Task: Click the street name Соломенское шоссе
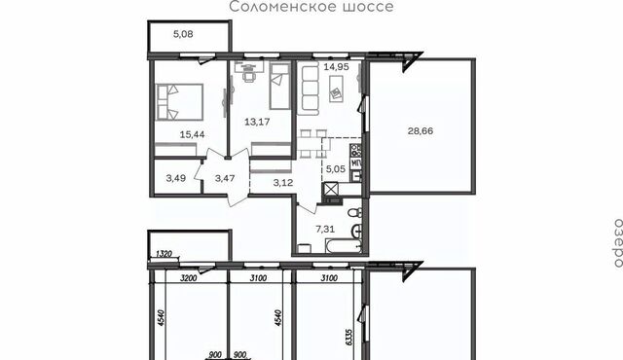click(x=311, y=7)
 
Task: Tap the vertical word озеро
click(x=618, y=242)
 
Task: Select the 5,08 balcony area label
click(x=183, y=34)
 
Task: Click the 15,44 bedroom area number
click(x=193, y=134)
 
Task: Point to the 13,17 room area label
click(x=257, y=122)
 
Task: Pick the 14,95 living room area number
click(x=336, y=67)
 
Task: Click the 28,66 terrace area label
click(x=421, y=130)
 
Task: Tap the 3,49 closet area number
click(x=175, y=178)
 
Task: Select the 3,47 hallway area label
click(x=225, y=178)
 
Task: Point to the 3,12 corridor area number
click(x=283, y=183)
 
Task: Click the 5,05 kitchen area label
click(x=336, y=169)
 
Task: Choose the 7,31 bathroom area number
click(x=325, y=229)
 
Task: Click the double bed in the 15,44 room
click(x=180, y=101)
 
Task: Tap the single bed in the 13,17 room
click(x=279, y=86)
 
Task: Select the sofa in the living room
click(x=309, y=90)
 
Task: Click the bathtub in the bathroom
click(x=344, y=246)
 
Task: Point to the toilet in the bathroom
click(x=354, y=213)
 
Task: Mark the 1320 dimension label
click(x=165, y=253)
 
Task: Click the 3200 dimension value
click(x=188, y=278)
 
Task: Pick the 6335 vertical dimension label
click(x=349, y=337)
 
